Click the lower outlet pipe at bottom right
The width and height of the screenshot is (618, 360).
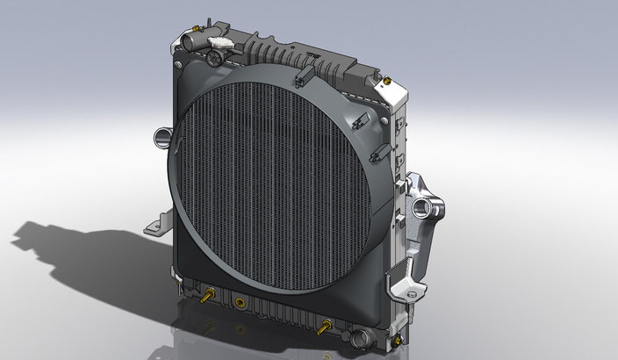[359, 336]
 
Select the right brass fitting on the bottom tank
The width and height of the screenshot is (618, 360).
[327, 327]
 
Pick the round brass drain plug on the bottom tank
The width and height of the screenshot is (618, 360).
[237, 303]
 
